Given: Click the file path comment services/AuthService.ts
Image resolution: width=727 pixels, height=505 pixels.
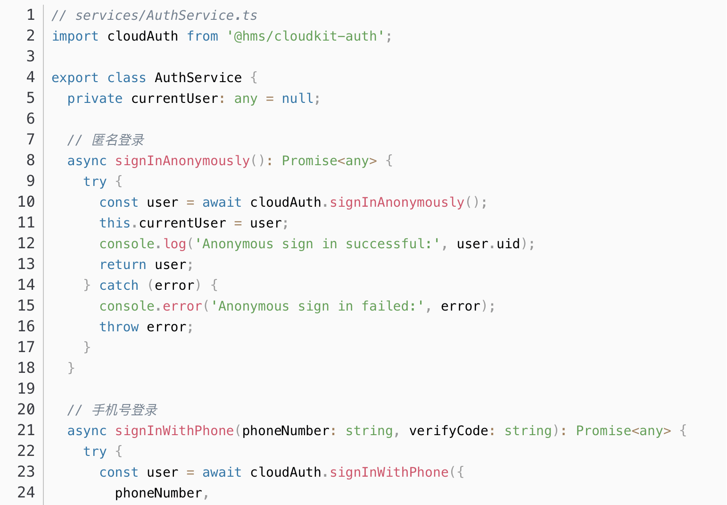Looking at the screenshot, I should pyautogui.click(x=154, y=16).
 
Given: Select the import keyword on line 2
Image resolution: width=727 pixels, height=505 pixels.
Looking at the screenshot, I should pyautogui.click(x=75, y=36).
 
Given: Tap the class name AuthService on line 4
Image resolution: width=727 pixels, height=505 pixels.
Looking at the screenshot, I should pyautogui.click(x=198, y=78).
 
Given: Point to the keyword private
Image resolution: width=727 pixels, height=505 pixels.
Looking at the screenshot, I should pyautogui.click(x=95, y=99).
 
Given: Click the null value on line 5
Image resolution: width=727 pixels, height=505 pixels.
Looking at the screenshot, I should pyautogui.click(x=297, y=99).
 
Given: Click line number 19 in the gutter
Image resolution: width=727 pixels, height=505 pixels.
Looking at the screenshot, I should pyautogui.click(x=26, y=389).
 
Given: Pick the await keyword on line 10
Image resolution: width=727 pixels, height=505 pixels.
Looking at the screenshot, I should pyautogui.click(x=222, y=202).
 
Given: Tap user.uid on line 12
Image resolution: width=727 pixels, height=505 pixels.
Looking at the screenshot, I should pyautogui.click(x=488, y=244).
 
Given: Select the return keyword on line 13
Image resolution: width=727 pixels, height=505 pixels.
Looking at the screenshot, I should pyautogui.click(x=123, y=265).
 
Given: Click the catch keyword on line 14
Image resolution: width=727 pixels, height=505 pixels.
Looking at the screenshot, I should pyautogui.click(x=119, y=286).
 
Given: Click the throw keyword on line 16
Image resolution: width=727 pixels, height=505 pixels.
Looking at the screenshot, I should pyautogui.click(x=119, y=327).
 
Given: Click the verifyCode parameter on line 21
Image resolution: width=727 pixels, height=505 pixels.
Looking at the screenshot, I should pyautogui.click(x=448, y=431).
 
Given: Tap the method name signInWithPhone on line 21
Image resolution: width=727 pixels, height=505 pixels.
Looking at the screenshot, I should pyautogui.click(x=174, y=431).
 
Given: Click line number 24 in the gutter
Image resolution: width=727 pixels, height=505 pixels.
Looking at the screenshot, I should pyautogui.click(x=26, y=493).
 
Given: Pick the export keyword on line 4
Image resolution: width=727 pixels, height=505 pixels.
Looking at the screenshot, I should pyautogui.click(x=75, y=78).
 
